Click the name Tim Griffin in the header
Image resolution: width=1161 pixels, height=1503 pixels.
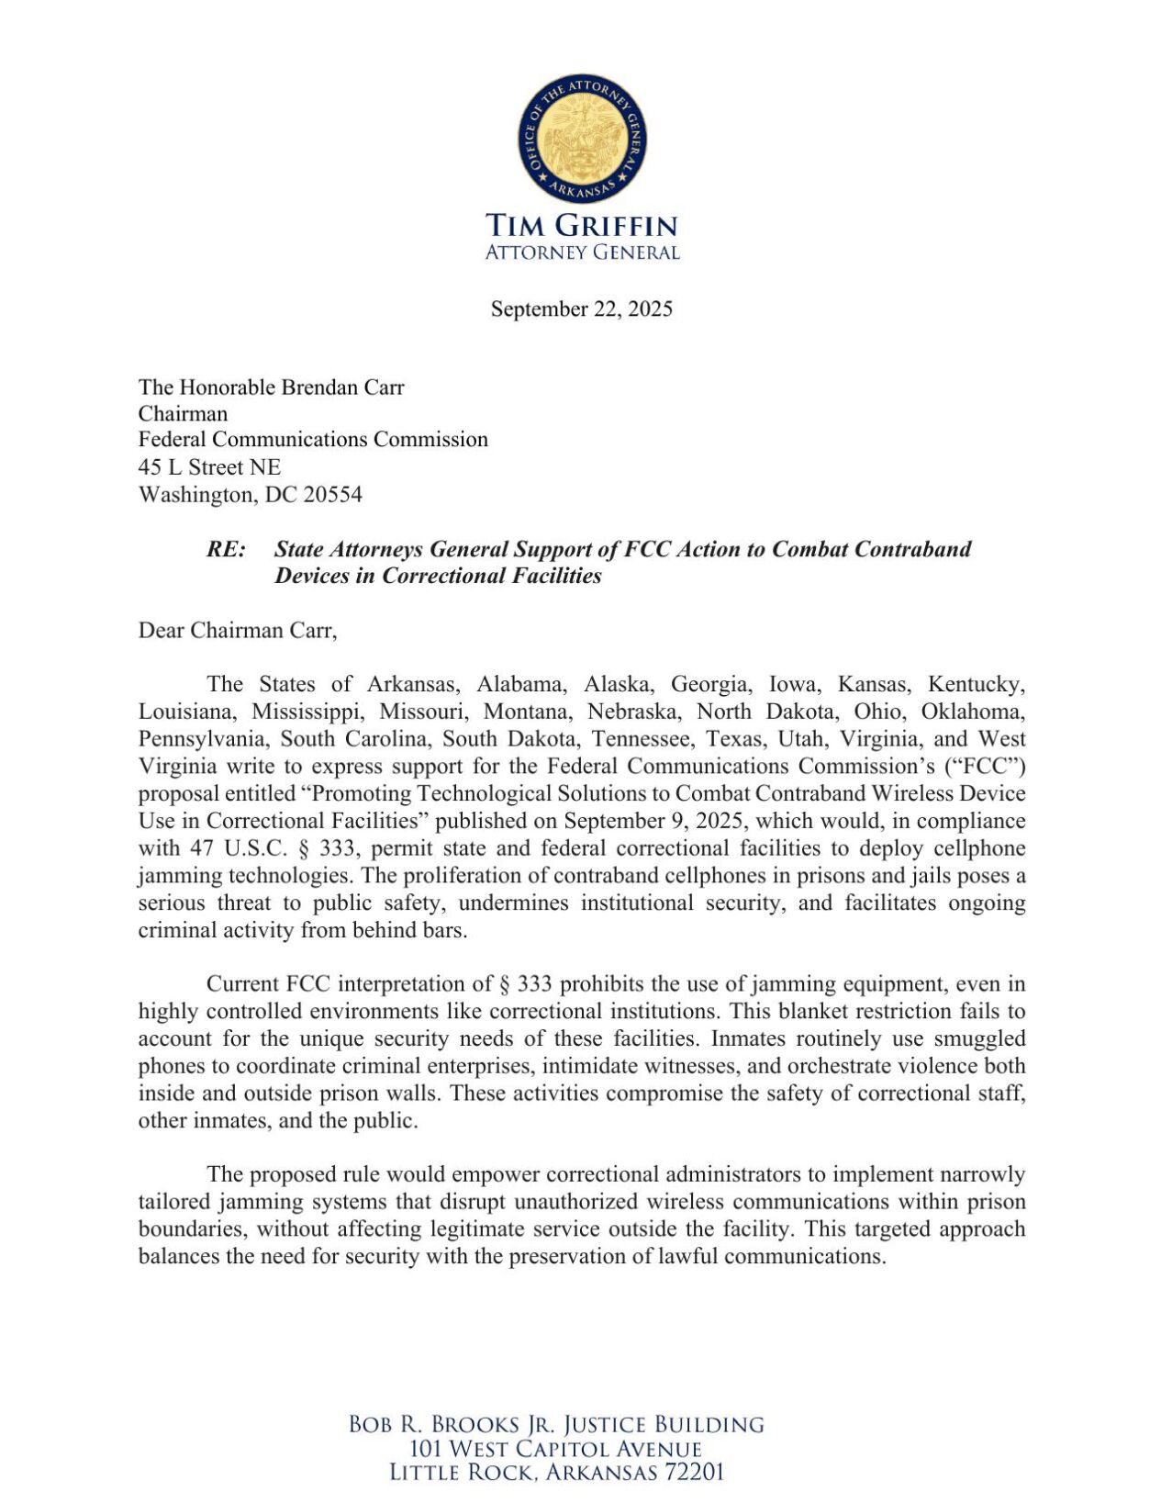(x=581, y=226)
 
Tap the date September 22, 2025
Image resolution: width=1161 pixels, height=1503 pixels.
(x=581, y=308)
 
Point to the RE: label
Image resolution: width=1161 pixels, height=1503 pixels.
(x=226, y=549)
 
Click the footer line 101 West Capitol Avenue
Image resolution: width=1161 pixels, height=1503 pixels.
(x=556, y=1449)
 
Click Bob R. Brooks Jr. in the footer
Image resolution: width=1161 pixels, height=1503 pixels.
(x=448, y=1425)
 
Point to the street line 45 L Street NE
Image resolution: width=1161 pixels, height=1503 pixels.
(x=209, y=467)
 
